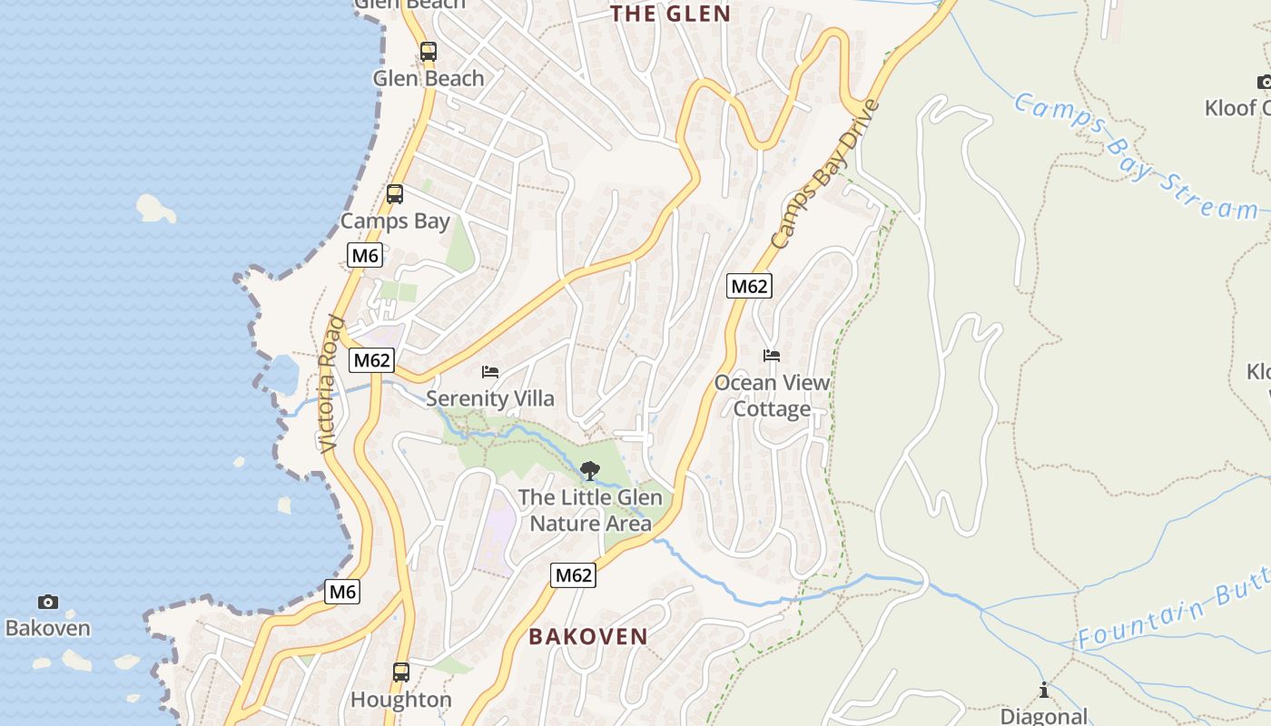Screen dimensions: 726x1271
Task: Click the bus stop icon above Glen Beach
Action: coord(428,52)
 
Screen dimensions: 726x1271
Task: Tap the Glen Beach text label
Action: coord(429,78)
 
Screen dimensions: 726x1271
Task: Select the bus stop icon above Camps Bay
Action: coord(395,193)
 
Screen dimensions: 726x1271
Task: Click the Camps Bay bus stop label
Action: coord(395,221)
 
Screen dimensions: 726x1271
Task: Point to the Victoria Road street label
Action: coord(331,384)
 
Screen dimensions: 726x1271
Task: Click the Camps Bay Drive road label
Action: coord(826,174)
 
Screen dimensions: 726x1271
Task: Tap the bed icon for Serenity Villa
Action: coord(490,372)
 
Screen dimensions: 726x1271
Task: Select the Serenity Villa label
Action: coord(490,398)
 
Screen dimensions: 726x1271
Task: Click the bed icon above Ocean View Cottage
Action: coord(772,356)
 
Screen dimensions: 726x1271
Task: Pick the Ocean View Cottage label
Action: coord(772,396)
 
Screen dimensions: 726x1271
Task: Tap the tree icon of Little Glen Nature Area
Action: coord(589,470)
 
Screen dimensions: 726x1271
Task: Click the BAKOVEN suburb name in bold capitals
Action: coord(588,636)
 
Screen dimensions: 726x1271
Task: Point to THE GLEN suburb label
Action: coord(670,14)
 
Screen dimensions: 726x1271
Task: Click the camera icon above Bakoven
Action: coord(48,602)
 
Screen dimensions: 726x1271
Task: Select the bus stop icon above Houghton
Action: coord(400,672)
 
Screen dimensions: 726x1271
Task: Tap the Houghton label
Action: coord(400,700)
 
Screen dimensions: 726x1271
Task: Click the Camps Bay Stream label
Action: coord(1135,156)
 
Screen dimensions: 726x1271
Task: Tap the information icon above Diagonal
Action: coord(1044,691)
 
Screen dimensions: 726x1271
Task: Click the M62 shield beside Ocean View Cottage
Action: coord(749,287)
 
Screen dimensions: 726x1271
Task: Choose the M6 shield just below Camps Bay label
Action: coord(365,255)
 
